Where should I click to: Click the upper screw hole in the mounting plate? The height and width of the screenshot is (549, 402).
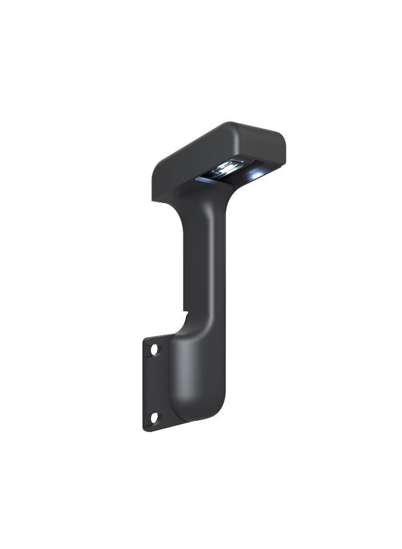point(154,350)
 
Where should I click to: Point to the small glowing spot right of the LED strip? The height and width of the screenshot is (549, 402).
point(257,175)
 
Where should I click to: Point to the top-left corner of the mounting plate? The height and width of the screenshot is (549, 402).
point(146,339)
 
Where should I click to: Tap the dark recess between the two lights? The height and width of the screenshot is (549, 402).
point(244,171)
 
